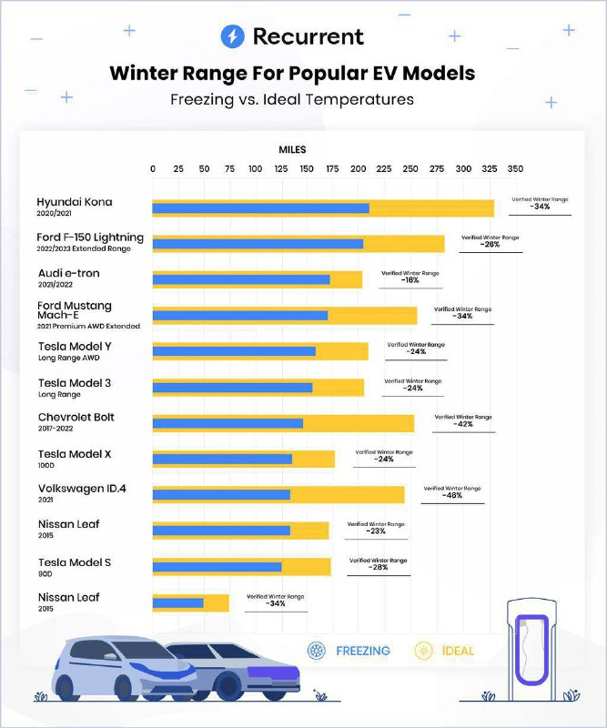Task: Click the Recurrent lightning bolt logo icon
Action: (233, 36)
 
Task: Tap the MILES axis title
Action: (292, 149)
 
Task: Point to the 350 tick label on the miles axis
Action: (515, 169)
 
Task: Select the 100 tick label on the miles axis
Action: (256, 169)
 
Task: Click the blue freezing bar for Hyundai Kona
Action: (260, 208)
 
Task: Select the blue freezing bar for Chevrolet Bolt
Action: (228, 423)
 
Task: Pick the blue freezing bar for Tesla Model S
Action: (217, 567)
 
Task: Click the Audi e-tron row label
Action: (69, 273)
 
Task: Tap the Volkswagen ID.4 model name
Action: (82, 489)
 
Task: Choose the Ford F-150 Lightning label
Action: (90, 238)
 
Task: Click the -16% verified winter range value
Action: (410, 280)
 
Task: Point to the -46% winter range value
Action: (452, 497)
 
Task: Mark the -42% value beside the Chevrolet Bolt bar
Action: (463, 424)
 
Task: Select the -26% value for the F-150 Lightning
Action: (490, 245)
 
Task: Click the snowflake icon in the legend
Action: (318, 651)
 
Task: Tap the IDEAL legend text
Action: (459, 651)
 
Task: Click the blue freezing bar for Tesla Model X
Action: (222, 459)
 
